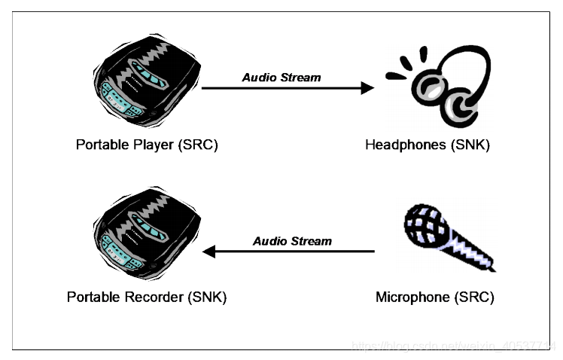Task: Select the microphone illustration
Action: tap(448, 234)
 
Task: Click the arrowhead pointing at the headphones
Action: tap(367, 88)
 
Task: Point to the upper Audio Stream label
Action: tap(281, 77)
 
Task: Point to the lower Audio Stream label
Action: tap(292, 241)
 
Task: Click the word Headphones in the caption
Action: tap(406, 145)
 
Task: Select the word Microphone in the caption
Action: tap(412, 297)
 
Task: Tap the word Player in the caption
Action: tap(151, 145)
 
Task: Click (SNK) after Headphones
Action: tap(470, 145)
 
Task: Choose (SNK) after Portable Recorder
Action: tap(206, 297)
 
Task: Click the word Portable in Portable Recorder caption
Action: tap(93, 297)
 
